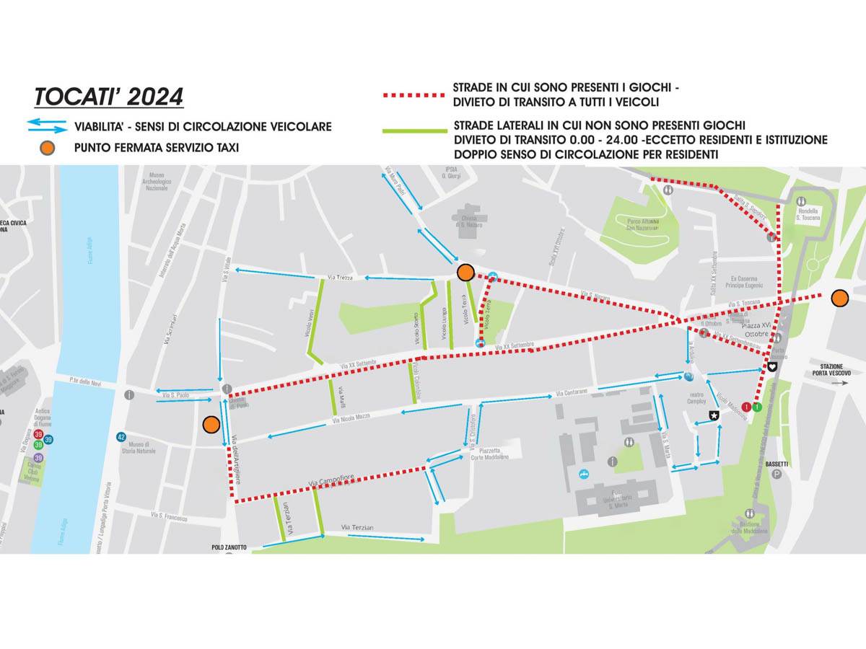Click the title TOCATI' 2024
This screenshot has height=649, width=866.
point(109,97)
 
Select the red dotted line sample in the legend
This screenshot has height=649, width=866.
point(413,94)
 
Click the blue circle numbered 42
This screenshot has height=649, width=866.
point(121,437)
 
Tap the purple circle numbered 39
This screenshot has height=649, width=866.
point(38,457)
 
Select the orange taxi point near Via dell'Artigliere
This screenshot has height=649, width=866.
point(211,425)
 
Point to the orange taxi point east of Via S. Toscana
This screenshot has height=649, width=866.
point(839,298)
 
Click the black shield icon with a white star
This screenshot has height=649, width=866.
point(714,415)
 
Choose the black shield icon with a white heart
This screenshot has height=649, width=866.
point(771,366)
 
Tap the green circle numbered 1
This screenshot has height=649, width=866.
point(756,407)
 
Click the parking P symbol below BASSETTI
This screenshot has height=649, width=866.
point(777,474)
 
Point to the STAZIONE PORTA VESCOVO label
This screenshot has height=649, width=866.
point(831,368)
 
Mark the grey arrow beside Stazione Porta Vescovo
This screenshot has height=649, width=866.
point(840,384)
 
